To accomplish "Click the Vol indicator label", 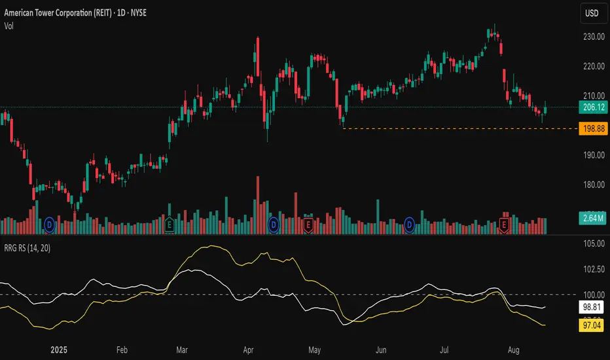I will [x=9, y=26].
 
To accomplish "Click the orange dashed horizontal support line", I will [x=458, y=128].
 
